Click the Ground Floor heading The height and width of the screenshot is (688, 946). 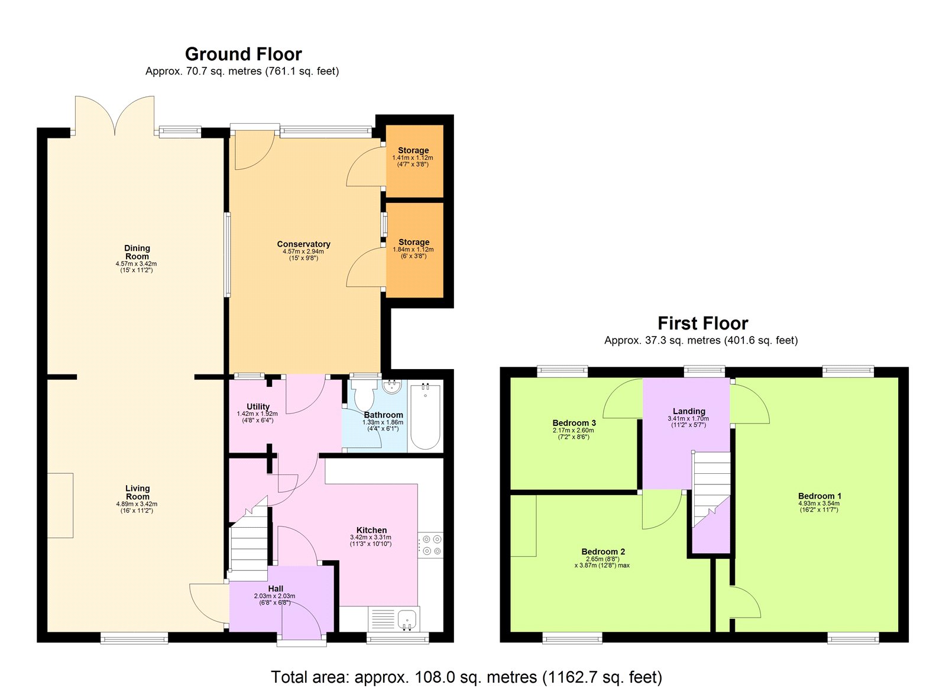pos(243,54)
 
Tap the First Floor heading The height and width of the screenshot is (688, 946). pos(702,324)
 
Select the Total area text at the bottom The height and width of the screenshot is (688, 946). pos(466,677)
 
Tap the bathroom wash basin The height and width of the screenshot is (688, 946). pos(391,387)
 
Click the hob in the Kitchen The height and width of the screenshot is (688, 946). pos(430,545)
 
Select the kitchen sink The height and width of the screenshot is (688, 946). pos(407,619)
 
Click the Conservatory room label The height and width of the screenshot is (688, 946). pos(303,244)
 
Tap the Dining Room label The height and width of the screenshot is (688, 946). pos(137,252)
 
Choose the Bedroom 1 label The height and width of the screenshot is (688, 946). pos(819,496)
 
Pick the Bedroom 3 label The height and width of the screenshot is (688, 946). pos(574,423)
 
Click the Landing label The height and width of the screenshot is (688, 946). pos(689,411)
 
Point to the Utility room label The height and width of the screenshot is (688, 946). pos(258,407)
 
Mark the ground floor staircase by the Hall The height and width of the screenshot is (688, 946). pos(249,541)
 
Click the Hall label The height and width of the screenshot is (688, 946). pos(276,589)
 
